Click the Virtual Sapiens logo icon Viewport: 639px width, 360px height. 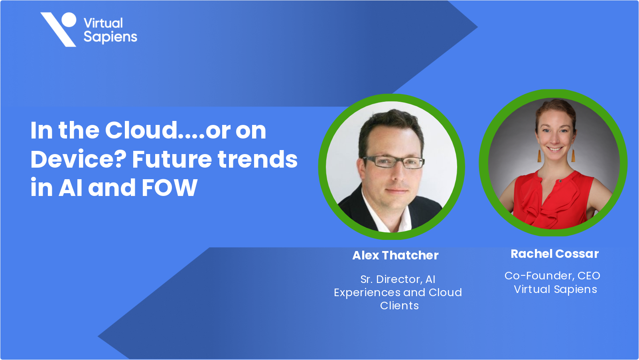[x=59, y=30]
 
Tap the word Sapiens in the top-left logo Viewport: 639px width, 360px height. [x=110, y=37]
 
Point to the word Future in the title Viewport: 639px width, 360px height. [x=172, y=159]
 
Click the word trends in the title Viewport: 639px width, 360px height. [x=258, y=159]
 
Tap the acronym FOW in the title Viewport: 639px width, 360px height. [x=170, y=188]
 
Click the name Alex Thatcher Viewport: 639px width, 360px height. [x=395, y=255]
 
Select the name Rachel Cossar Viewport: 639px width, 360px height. [x=554, y=254]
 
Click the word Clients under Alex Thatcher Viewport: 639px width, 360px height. [x=399, y=306]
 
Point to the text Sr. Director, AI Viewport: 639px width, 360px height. [x=398, y=279]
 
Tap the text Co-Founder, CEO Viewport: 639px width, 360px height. [x=552, y=276]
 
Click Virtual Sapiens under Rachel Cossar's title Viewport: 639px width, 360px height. [x=555, y=289]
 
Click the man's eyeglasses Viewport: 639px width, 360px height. [x=394, y=162]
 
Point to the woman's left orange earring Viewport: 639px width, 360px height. [x=539, y=155]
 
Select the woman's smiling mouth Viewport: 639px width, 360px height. [x=555, y=149]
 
